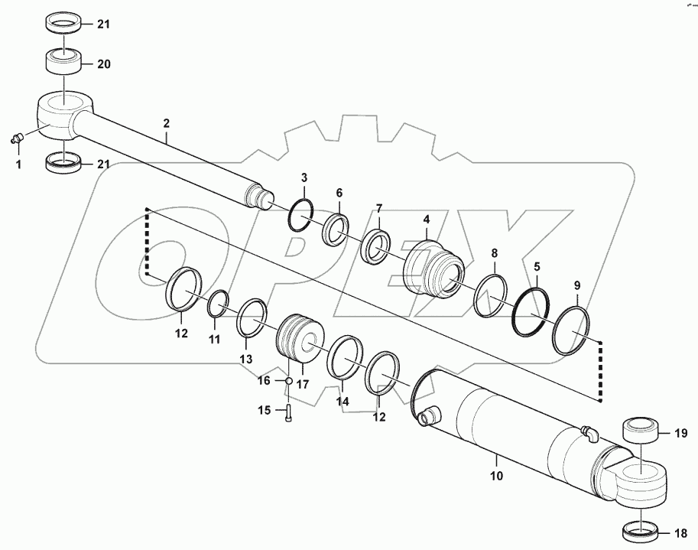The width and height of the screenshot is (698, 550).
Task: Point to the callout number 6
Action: point(338,194)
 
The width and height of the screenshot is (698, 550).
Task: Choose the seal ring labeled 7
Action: point(377,247)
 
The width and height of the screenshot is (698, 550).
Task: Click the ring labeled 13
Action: point(252,317)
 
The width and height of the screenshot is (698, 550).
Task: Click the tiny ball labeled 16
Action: point(288,382)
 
